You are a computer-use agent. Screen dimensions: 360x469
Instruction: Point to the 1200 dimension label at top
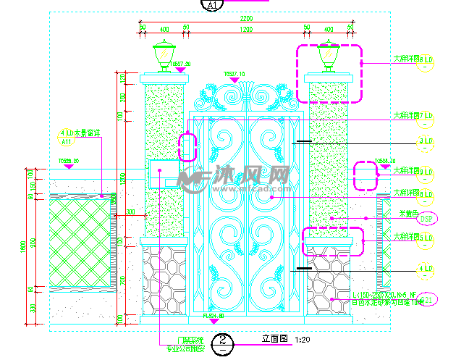point(246,30)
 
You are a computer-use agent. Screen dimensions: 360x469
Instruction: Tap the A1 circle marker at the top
point(211,5)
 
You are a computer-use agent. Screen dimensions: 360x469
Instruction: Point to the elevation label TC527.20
point(180,64)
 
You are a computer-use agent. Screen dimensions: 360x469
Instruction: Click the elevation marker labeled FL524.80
point(213,316)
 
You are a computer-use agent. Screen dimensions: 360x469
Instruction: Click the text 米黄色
point(408,214)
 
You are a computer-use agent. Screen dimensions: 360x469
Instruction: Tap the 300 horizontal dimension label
point(130,212)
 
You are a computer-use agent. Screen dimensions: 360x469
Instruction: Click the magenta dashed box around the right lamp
point(329,72)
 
